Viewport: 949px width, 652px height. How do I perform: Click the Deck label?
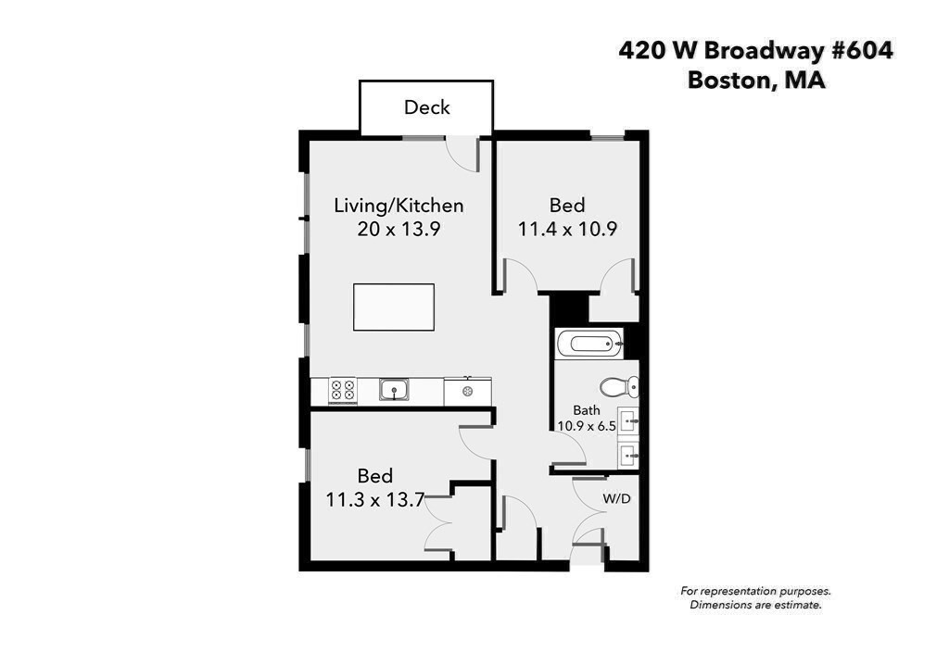click(426, 107)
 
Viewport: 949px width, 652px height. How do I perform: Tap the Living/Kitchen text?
click(399, 206)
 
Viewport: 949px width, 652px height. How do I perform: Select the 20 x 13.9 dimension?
click(399, 229)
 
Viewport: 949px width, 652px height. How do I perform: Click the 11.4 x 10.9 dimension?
click(567, 229)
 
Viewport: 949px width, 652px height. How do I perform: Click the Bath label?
click(586, 410)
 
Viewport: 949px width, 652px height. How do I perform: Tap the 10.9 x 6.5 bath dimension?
click(586, 426)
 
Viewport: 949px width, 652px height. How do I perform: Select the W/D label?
click(616, 498)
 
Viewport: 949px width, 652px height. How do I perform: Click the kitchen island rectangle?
click(393, 307)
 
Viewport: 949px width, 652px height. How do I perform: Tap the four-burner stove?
click(343, 391)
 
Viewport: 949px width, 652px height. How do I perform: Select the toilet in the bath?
click(618, 386)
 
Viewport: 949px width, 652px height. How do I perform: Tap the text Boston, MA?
click(755, 81)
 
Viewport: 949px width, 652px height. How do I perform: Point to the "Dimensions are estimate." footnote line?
click(755, 606)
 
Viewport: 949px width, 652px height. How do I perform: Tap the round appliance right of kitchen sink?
click(468, 392)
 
